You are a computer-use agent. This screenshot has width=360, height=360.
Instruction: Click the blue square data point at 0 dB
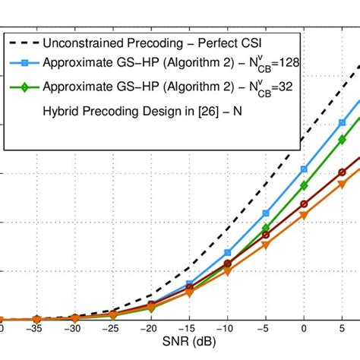(x=304, y=169)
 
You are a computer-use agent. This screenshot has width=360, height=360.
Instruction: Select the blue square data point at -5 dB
(x=266, y=213)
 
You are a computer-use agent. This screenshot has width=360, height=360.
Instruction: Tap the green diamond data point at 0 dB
(x=304, y=185)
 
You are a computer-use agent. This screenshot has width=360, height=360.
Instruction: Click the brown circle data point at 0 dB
(x=304, y=204)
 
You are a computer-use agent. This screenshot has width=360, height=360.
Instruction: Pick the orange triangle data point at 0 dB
(x=304, y=216)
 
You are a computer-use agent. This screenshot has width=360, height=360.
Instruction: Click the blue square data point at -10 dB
(x=227, y=252)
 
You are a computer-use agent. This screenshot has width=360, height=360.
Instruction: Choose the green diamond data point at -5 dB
(x=266, y=228)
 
